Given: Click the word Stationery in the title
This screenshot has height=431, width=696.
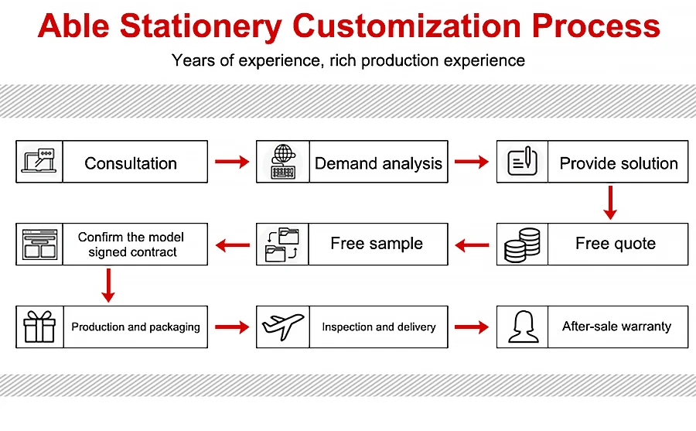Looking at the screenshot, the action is coord(201,26).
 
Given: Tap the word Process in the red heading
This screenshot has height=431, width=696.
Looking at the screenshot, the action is coord(595,26).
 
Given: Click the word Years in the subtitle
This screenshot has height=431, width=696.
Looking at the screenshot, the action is coord(193,60).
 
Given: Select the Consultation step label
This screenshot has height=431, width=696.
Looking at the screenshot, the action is coord(131,163).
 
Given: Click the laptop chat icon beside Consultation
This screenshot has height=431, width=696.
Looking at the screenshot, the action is coord(39,161).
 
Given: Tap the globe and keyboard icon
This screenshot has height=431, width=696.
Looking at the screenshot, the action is coord(283,162).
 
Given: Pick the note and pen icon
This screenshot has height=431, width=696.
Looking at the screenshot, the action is coord(523,161).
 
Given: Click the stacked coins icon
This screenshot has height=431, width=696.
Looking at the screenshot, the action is coord(523,245).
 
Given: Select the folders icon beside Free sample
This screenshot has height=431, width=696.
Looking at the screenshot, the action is coord(281,245).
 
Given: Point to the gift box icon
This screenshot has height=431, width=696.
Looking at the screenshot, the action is coord(39,327).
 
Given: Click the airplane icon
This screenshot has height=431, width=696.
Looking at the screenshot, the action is coord(283,327).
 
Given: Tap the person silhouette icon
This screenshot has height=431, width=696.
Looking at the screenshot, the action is coord(523,327).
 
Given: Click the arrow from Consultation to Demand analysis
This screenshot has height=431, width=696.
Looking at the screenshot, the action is coord(232,161).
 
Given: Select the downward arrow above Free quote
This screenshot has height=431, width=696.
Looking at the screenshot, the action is coord(610,203).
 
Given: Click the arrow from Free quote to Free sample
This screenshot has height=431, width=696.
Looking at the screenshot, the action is coord(473,245).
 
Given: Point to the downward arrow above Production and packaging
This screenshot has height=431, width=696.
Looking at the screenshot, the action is coord(108,286).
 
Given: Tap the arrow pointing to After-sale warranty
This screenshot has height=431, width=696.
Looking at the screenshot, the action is coord(472,327).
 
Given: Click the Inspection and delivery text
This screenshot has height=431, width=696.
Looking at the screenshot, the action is coord(379,327).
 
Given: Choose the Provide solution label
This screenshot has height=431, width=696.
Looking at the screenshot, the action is coord(619,163).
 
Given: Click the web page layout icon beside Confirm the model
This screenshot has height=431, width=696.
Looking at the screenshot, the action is coord(39,245).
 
